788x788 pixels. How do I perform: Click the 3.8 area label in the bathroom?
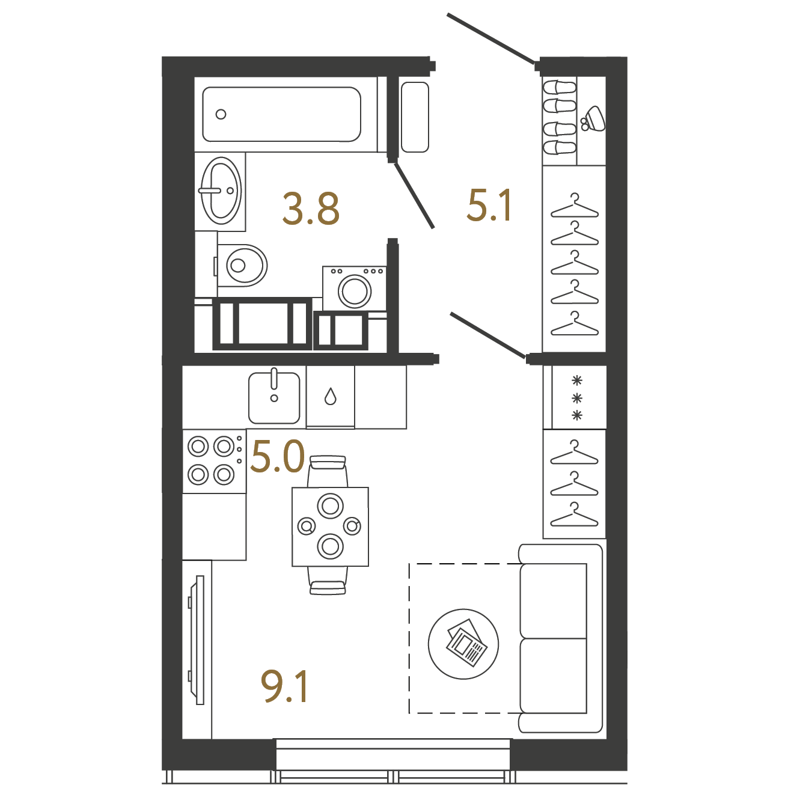(x=311, y=209)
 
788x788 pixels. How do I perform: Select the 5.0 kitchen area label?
(x=278, y=456)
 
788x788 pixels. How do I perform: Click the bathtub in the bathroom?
(x=281, y=114)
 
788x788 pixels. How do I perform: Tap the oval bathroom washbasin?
(x=221, y=191)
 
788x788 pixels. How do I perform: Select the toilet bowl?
(x=241, y=266)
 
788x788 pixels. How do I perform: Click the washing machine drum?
(x=355, y=291)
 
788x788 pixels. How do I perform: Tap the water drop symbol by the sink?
(x=330, y=396)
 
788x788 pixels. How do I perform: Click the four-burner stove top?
(x=214, y=461)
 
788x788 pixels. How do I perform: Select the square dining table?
(x=330, y=527)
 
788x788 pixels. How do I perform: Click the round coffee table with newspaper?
(x=463, y=644)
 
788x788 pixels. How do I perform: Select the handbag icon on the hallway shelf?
(x=593, y=119)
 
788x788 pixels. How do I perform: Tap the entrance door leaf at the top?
(x=490, y=39)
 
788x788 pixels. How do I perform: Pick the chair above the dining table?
(x=328, y=471)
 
